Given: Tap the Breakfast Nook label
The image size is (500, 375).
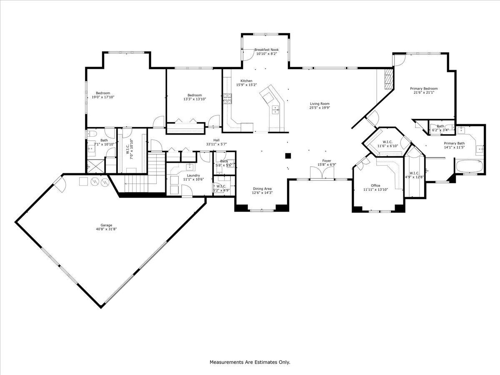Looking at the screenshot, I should click(x=267, y=50).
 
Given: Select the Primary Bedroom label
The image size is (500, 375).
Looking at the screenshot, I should click(x=424, y=88).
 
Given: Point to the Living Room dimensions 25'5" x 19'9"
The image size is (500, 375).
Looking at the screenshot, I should click(x=320, y=107).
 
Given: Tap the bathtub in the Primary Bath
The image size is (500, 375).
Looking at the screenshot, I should click(x=469, y=166).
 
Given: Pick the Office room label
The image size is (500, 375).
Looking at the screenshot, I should click(x=375, y=186).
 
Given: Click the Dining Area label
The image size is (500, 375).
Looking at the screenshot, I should click(x=262, y=189).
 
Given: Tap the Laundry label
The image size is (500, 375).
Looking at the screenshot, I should click(x=194, y=175).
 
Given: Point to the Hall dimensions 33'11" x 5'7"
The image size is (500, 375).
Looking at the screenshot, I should click(x=216, y=144).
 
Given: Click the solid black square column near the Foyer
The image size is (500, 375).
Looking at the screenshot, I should click(x=287, y=156).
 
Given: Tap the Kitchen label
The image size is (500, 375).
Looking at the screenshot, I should click(x=246, y=81).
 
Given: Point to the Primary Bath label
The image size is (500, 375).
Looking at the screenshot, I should click(x=454, y=143).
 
